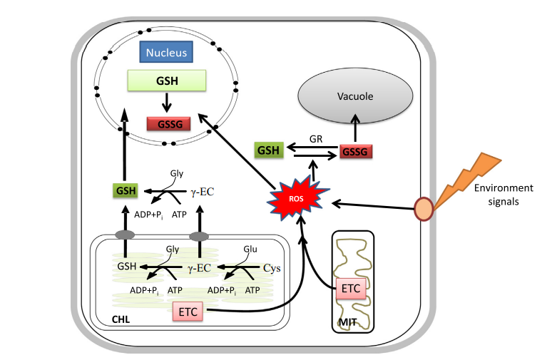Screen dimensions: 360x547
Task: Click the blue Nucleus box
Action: (x=166, y=53)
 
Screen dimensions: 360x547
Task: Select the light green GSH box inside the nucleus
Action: (x=167, y=81)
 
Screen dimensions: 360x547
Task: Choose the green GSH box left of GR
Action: (x=269, y=150)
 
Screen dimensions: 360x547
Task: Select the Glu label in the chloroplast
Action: (x=249, y=249)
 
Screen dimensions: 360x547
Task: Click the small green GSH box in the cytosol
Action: (x=125, y=190)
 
